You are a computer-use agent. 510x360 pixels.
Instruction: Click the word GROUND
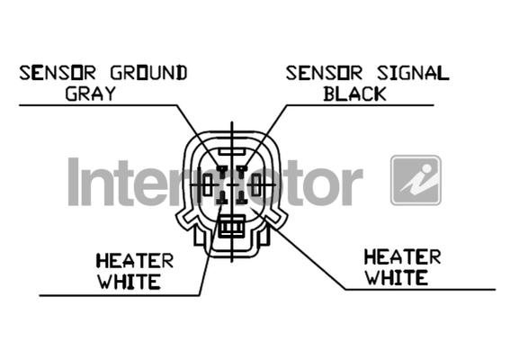click(149, 73)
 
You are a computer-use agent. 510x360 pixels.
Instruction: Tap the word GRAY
click(91, 94)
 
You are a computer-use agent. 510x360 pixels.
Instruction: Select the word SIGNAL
click(413, 73)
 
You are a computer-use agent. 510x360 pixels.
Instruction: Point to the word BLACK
click(354, 94)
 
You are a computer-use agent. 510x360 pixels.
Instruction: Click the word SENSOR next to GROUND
click(58, 73)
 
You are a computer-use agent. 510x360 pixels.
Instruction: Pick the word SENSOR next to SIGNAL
click(324, 73)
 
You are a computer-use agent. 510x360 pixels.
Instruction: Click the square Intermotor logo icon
click(416, 180)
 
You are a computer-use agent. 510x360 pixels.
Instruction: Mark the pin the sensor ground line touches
click(222, 171)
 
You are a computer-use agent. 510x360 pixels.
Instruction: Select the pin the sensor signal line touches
click(242, 171)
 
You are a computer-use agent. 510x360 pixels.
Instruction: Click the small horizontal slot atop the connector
click(231, 151)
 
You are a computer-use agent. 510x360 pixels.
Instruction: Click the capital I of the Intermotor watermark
click(74, 182)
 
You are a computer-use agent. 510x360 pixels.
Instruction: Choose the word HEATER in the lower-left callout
click(135, 261)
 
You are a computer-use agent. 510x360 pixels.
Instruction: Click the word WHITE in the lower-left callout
click(130, 282)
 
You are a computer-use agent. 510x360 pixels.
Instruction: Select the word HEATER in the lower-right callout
click(403, 256)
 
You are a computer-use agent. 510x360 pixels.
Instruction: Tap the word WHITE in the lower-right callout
click(397, 277)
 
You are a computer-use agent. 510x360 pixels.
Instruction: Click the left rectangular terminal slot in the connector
click(208, 184)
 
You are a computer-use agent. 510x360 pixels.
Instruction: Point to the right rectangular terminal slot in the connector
click(256, 184)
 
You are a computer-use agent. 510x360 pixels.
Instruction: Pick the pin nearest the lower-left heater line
click(222, 198)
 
